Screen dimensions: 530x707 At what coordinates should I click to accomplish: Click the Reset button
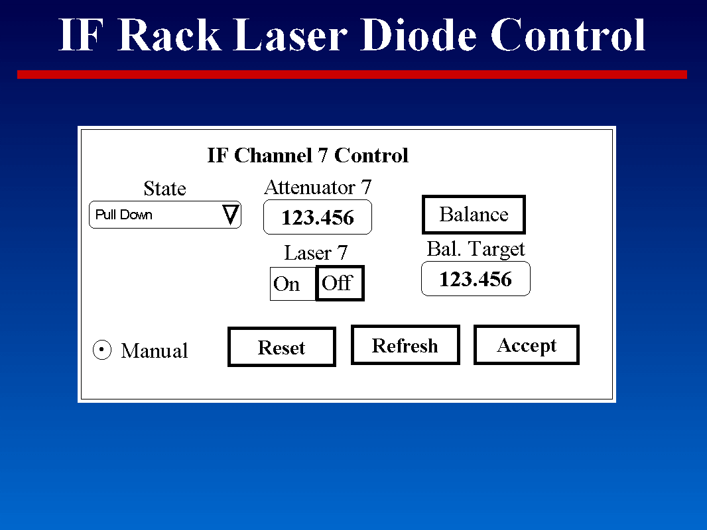pyautogui.click(x=281, y=347)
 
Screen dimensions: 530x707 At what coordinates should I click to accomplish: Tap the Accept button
pyautogui.click(x=527, y=345)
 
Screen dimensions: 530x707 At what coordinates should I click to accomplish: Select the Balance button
pyautogui.click(x=474, y=215)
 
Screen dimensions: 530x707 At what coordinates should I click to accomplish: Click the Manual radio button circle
pyautogui.click(x=101, y=350)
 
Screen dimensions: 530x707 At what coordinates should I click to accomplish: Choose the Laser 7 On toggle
pyautogui.click(x=287, y=284)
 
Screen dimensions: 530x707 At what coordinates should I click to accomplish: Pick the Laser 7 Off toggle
pyautogui.click(x=340, y=284)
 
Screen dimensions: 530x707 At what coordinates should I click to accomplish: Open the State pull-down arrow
pyautogui.click(x=230, y=215)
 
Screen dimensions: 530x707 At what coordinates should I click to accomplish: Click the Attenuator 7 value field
pyautogui.click(x=318, y=217)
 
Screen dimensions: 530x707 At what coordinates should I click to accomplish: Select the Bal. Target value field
pyautogui.click(x=476, y=279)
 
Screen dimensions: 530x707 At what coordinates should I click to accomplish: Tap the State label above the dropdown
pyautogui.click(x=164, y=189)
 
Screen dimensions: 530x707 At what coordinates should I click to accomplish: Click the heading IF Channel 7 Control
pyautogui.click(x=308, y=156)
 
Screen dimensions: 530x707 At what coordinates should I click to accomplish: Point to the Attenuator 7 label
pyautogui.click(x=318, y=187)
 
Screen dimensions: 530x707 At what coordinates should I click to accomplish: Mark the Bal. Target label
pyautogui.click(x=476, y=249)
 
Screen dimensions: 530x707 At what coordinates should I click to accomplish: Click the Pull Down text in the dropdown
pyautogui.click(x=124, y=215)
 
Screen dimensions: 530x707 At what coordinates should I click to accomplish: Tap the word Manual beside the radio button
pyautogui.click(x=155, y=350)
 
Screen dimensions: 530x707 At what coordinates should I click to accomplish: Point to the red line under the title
pyautogui.click(x=352, y=75)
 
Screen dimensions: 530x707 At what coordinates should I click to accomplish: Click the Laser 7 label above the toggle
pyautogui.click(x=316, y=252)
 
